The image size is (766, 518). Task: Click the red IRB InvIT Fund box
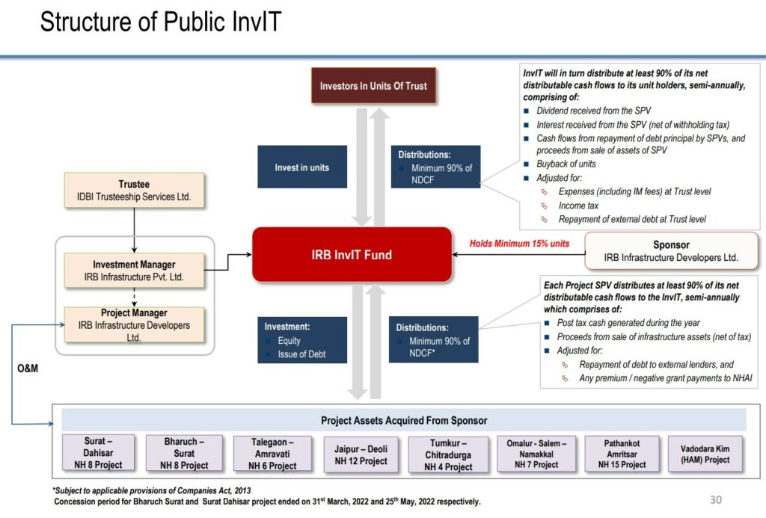352,255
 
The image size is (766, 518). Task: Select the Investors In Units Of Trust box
373,86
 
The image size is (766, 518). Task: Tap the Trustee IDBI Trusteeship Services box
134,191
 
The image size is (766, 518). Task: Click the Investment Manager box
134,271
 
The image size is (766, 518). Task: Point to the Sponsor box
671,251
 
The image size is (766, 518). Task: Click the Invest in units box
301,167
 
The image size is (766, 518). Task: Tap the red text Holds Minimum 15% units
519,244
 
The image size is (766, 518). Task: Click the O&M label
28,369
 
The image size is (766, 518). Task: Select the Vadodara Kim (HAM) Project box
705,454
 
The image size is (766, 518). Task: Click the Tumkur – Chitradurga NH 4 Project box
449,454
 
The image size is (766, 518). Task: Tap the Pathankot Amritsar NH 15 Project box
622,454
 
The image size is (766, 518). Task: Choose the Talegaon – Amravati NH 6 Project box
272,454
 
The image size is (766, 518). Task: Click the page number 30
716,499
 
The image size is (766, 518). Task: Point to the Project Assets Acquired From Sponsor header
404,420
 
